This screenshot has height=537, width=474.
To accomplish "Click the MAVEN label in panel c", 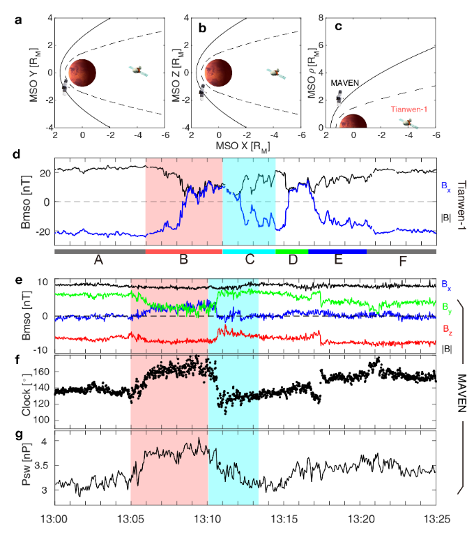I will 344,83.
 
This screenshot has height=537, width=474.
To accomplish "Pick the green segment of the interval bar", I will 292,250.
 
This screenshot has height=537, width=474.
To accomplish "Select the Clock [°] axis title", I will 26,392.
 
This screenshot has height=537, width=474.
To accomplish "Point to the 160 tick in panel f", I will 43,372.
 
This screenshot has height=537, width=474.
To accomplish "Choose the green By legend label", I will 447,306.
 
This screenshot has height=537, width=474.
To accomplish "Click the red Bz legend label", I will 447,328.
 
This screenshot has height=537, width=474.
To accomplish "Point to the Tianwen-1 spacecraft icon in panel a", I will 139,70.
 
